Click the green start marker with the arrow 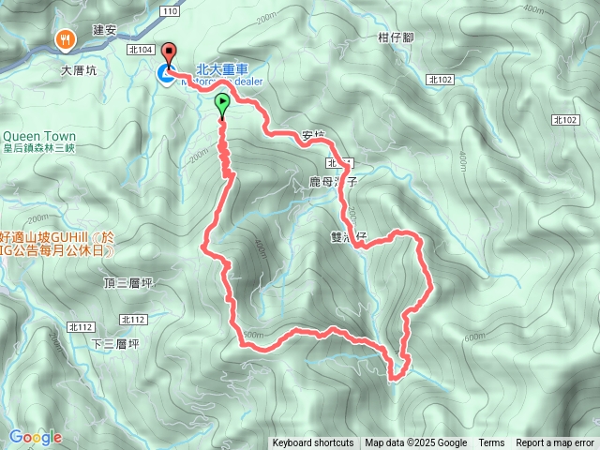[x=223, y=104]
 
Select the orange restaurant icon [x=65, y=39]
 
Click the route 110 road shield [x=169, y=10]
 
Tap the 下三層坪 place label [x=115, y=344]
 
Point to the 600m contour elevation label [x=475, y=337]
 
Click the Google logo [x=35, y=437]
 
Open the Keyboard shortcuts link [x=313, y=443]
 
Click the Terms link [x=491, y=443]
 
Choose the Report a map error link [x=555, y=443]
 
